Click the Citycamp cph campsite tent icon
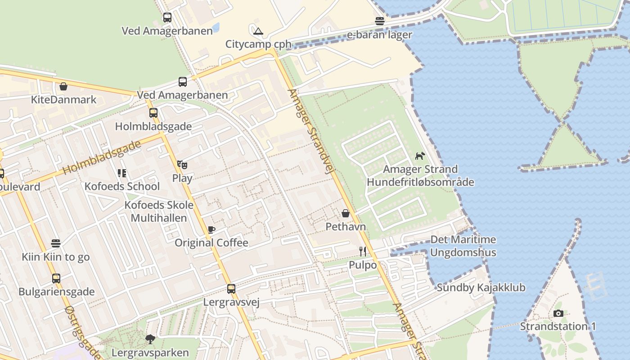click(258, 31)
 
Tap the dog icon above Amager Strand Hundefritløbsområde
click(420, 156)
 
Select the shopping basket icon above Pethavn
click(346, 213)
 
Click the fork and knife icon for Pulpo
click(363, 252)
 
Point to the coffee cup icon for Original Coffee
click(211, 229)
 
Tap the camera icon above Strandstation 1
click(558, 313)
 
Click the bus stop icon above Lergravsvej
click(231, 289)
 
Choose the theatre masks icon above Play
click(182, 165)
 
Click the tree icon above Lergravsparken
click(150, 339)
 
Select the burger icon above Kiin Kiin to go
click(55, 243)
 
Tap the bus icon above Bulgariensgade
click(56, 279)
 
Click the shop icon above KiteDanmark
click(63, 86)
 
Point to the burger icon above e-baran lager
click(380, 21)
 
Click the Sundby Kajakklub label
click(481, 288)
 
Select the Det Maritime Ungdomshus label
click(463, 246)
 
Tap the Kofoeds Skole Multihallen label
click(159, 211)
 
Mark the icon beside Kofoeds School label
click(121, 173)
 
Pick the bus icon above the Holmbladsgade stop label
click(153, 113)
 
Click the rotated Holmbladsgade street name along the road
click(102, 157)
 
